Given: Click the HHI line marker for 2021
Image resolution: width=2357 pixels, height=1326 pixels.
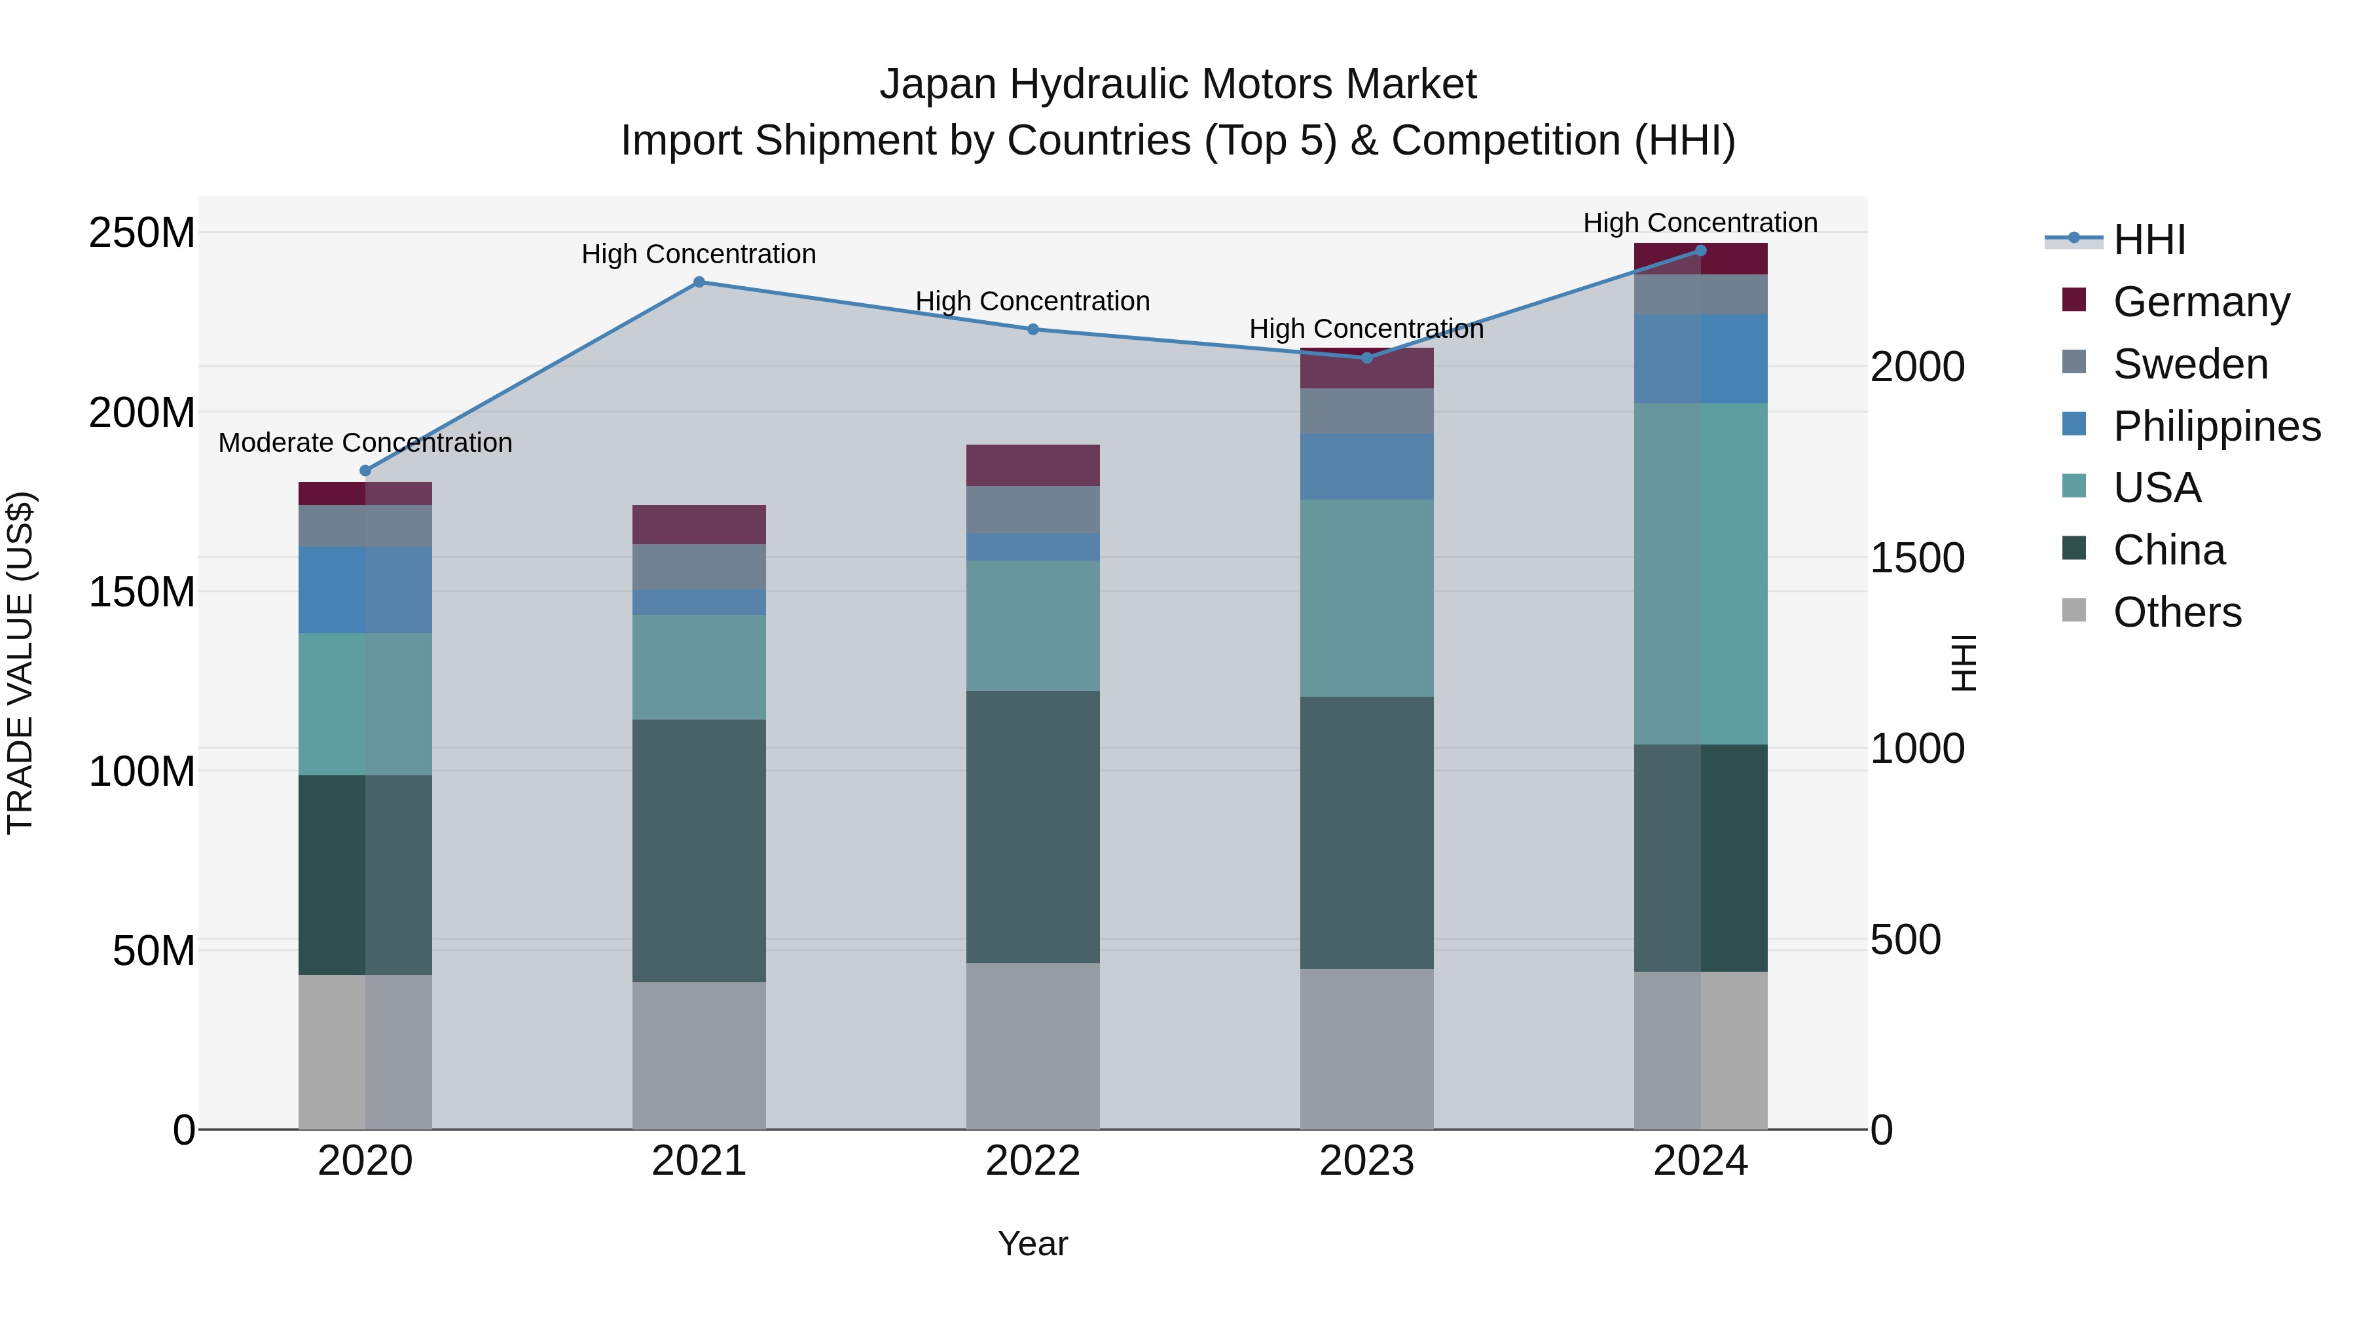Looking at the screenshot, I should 699,282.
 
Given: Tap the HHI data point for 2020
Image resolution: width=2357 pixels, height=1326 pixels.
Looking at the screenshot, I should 365,470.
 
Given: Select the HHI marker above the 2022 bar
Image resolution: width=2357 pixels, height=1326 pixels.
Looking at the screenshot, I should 1033,329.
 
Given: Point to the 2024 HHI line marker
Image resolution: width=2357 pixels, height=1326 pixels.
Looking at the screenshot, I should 1701,251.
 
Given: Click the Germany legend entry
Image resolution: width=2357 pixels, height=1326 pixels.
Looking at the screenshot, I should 2201,302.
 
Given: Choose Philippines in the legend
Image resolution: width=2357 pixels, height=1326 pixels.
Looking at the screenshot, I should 2216,426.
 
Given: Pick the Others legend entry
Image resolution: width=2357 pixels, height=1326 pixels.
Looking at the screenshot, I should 2177,612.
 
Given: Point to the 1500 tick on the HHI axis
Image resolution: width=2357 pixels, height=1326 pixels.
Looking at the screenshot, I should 1917,558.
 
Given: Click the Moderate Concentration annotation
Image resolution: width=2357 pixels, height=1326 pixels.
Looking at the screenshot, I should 365,443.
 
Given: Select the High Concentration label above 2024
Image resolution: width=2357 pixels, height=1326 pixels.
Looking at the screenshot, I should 1700,223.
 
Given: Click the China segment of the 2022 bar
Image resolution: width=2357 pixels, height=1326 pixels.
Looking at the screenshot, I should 1033,826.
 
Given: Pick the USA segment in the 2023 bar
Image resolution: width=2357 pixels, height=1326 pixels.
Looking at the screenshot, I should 1367,598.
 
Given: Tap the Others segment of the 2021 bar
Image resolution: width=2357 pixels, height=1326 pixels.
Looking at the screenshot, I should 699,1055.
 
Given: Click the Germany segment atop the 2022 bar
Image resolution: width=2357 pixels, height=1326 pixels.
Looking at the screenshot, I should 1033,465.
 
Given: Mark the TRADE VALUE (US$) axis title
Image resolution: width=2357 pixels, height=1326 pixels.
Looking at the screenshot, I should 20,663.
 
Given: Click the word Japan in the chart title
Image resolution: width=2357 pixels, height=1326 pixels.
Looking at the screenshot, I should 937,84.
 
